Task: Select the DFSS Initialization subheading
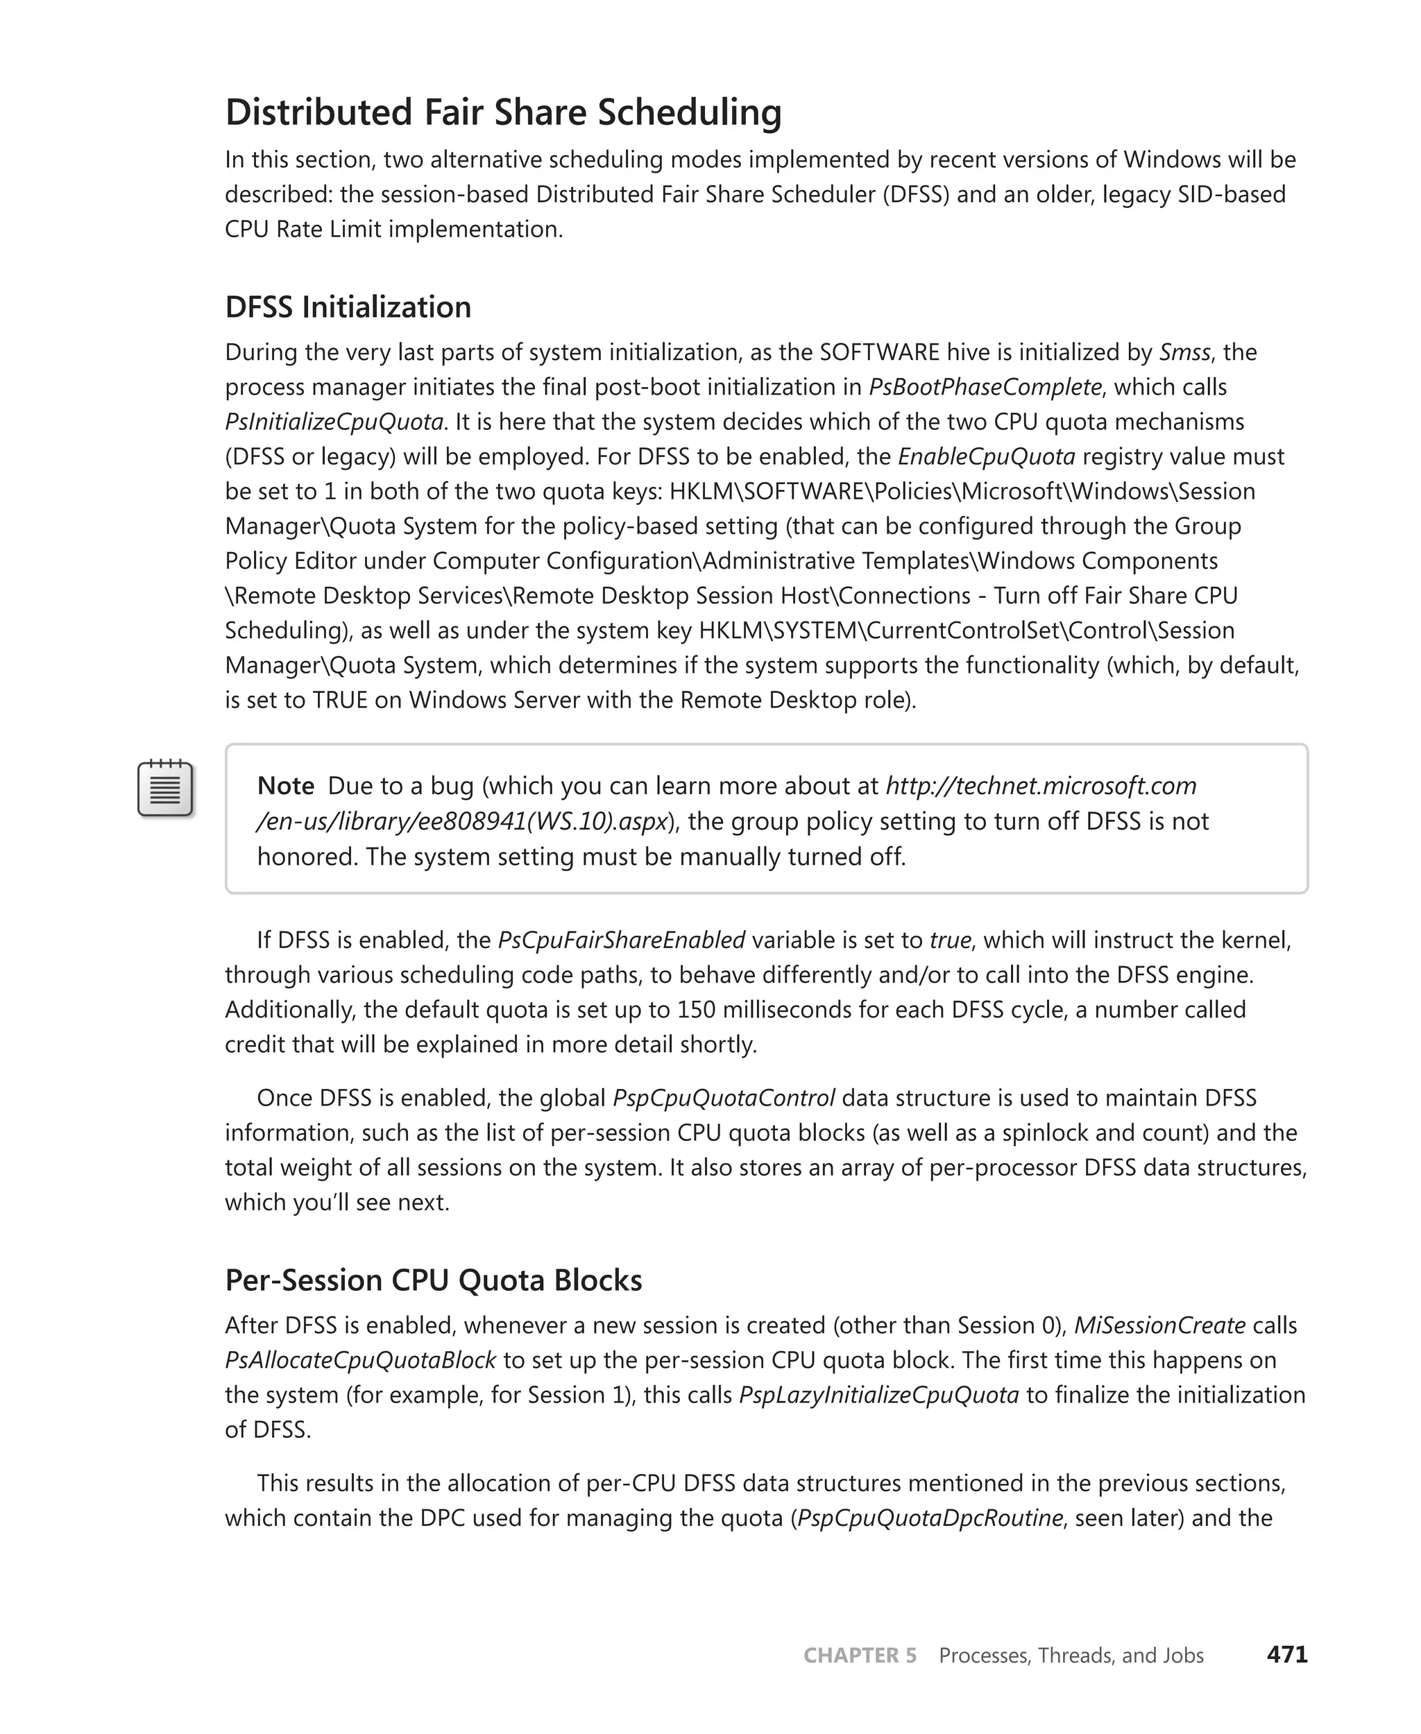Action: (348, 307)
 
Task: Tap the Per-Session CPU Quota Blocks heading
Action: (433, 1280)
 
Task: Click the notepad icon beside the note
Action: (165, 788)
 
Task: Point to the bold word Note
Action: (286, 786)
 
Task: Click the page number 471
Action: (1287, 1655)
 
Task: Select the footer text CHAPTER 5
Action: (860, 1656)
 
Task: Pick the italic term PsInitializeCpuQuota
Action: (334, 422)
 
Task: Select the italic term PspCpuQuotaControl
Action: (724, 1097)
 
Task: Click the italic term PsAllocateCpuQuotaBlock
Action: (360, 1360)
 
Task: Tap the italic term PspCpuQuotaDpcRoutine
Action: (929, 1518)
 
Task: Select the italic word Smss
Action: (1184, 352)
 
